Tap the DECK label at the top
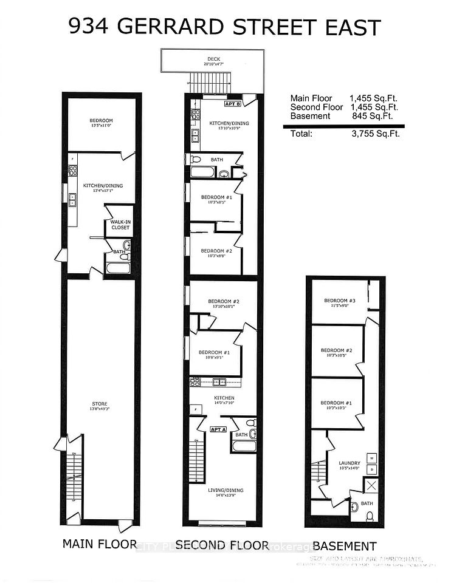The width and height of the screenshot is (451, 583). (212, 59)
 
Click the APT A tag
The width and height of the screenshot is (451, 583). (218, 428)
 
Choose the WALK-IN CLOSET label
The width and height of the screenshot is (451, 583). (120, 225)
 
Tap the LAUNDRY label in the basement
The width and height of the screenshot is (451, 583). (349, 463)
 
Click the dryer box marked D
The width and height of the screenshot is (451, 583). (370, 469)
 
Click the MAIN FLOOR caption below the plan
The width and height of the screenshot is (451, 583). (100, 544)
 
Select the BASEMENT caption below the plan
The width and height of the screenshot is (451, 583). (345, 546)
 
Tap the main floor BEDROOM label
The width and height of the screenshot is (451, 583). (101, 121)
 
